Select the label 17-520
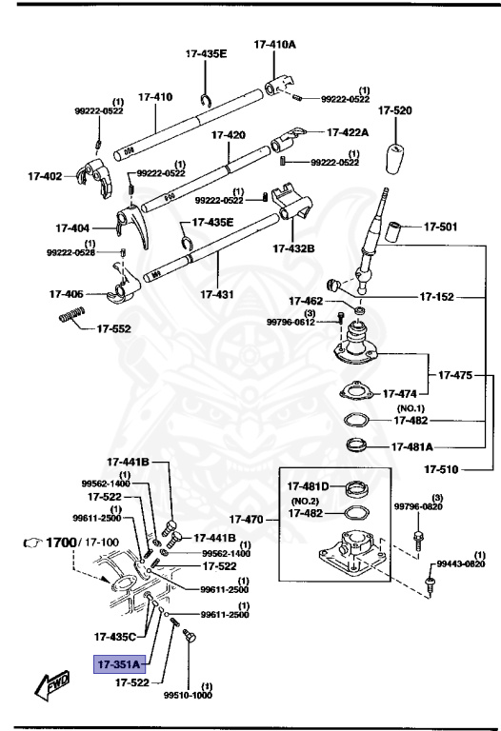[395, 111]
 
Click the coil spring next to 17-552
[71, 316]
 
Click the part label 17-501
[440, 227]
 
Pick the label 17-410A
[274, 44]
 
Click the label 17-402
[45, 175]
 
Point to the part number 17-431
[219, 295]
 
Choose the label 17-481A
[414, 445]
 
